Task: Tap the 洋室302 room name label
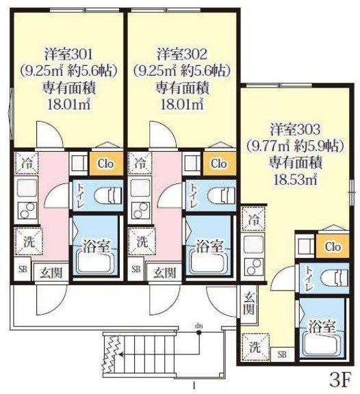pos(181,53)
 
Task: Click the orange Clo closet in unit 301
pos(105,163)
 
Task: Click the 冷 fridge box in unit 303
pos(254,220)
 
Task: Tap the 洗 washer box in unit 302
pos(141,241)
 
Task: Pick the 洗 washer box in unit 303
pos(254,347)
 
